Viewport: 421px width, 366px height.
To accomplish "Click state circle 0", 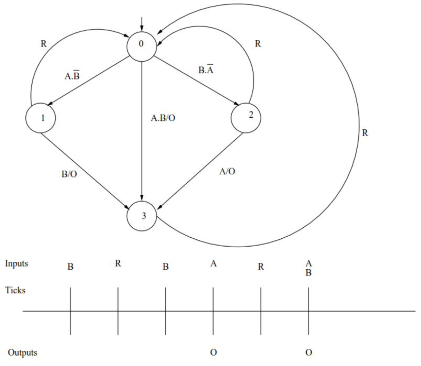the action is pos(142,45).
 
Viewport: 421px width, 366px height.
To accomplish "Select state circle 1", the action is pos(41,118).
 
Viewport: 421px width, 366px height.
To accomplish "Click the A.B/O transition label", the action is pos(163,118).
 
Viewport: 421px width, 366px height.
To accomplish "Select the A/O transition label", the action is pos(227,171).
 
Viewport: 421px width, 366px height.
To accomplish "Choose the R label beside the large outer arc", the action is pos(365,133).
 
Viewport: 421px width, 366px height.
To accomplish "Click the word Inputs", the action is pos(17,263).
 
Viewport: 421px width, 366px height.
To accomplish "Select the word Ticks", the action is pos(15,290).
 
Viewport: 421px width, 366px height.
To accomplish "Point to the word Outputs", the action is pos(23,352).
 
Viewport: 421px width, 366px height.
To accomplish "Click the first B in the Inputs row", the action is pos(70,267).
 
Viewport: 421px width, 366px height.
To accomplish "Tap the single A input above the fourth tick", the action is pos(213,264).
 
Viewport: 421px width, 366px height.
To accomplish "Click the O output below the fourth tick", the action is pos(213,352).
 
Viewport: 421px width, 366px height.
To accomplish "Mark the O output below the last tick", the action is pos(308,352).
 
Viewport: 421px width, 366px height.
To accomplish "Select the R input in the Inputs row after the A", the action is pos(261,267).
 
